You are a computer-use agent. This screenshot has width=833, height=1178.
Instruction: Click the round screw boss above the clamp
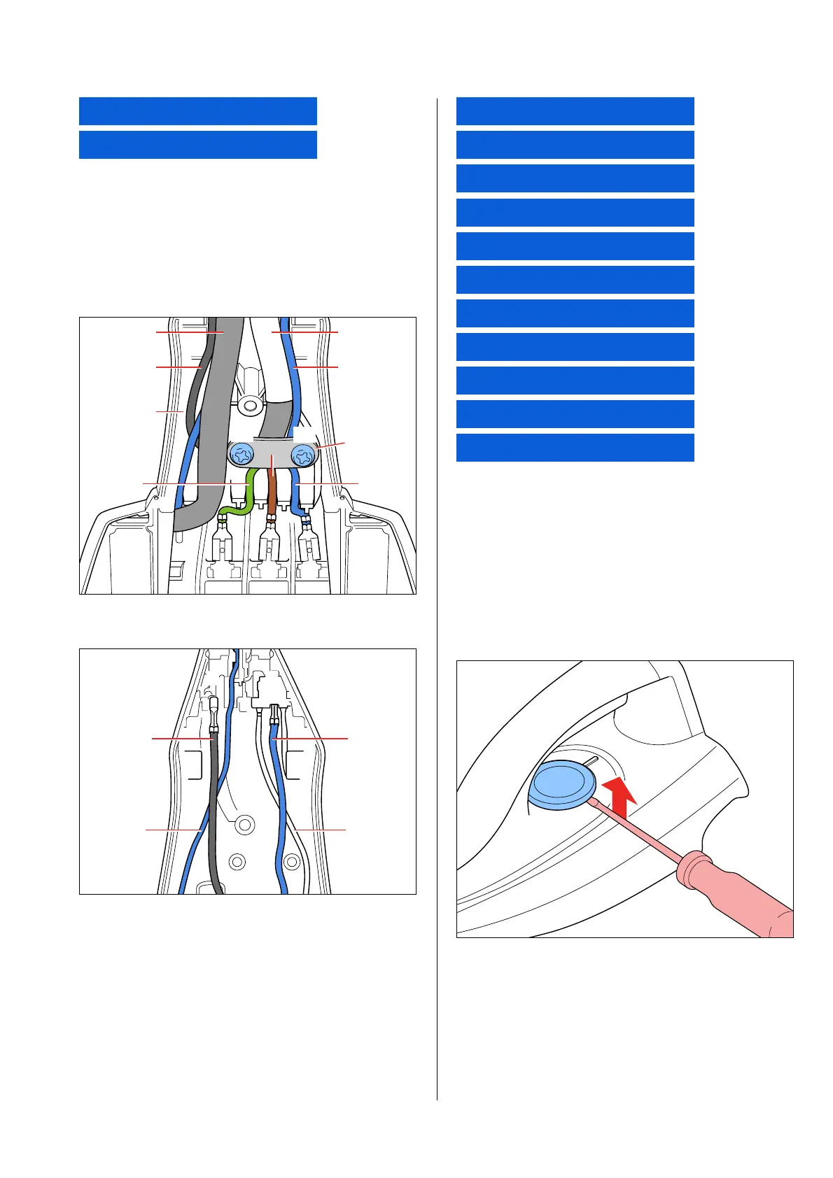[248, 405]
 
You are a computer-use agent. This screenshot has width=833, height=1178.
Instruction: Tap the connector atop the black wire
[213, 714]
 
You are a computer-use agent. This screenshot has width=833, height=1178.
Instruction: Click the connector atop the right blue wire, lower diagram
[273, 714]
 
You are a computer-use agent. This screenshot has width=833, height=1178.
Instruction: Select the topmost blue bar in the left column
[197, 111]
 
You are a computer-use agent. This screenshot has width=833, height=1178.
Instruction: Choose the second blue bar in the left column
[197, 145]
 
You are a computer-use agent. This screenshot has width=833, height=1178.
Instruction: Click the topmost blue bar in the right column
[575, 111]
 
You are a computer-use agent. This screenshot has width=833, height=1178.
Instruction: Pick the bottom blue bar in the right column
[575, 448]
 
